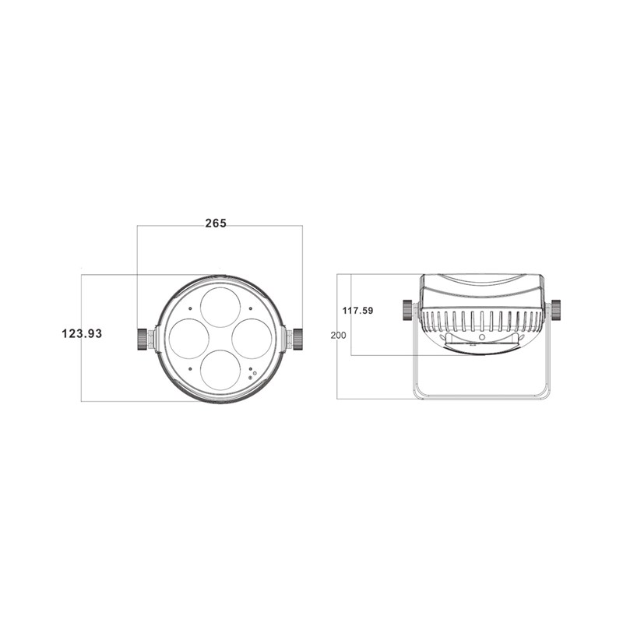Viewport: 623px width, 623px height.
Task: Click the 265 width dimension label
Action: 216,223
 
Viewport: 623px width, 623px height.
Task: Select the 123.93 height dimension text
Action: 82,333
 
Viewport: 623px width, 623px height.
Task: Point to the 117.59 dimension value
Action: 358,311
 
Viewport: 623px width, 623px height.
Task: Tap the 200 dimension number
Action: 338,335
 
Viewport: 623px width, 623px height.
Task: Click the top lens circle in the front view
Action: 220,306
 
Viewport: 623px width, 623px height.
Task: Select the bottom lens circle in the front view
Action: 220,369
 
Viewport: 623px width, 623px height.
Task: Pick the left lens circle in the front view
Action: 188,338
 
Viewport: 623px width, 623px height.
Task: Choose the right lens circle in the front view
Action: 252,338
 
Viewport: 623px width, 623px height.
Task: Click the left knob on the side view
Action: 409,310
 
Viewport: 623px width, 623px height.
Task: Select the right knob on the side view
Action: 556,310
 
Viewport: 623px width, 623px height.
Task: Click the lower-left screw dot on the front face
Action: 191,368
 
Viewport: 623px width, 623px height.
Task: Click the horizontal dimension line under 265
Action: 220,226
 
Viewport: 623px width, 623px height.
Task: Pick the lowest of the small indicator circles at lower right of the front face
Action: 250,378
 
